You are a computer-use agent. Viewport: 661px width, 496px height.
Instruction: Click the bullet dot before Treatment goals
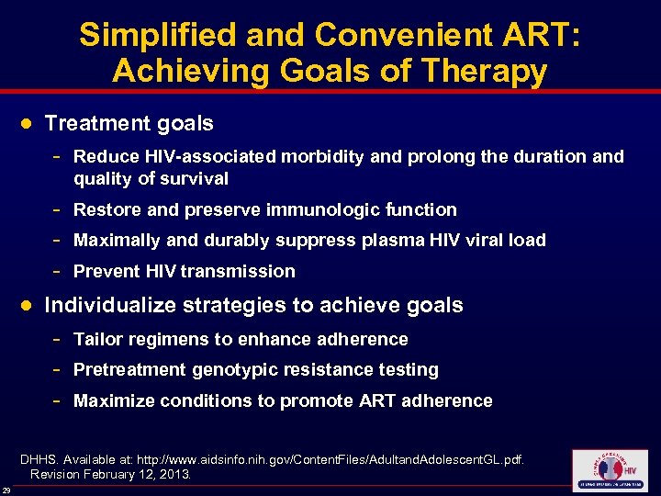click(27, 123)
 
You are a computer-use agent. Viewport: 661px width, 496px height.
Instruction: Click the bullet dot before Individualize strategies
click(27, 305)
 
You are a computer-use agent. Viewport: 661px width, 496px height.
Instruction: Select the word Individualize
click(109, 305)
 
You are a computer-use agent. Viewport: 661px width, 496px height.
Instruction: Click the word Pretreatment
click(129, 369)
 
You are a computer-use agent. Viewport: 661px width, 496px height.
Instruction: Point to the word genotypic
click(233, 369)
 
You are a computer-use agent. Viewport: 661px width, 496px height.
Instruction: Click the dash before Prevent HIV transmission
click(59, 271)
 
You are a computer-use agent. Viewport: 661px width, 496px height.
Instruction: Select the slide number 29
click(6, 490)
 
